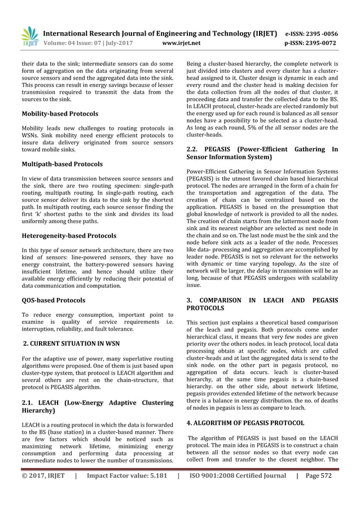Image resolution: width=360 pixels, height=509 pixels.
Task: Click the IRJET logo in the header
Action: coord(29,37)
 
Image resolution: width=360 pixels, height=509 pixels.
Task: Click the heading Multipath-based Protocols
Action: coord(62,164)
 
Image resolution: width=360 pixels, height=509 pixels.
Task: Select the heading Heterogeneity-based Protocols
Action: coord(69,235)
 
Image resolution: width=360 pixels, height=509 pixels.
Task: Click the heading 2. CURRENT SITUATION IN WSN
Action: coord(71,343)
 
